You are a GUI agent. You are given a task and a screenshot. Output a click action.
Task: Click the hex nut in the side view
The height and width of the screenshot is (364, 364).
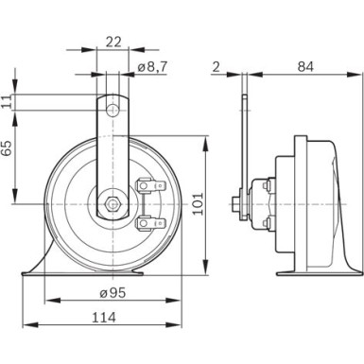[234, 202]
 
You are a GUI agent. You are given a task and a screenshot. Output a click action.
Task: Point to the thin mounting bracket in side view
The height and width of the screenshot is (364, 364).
[244, 142]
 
